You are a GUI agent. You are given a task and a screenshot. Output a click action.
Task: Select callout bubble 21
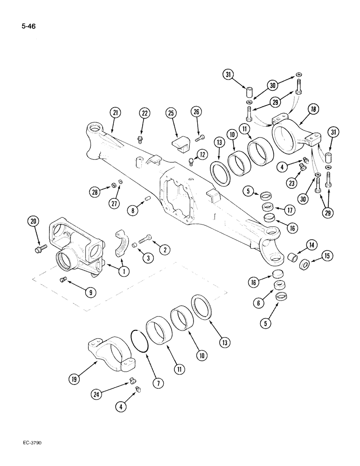pyautogui.click(x=115, y=112)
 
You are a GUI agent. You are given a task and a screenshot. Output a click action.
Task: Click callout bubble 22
pyautogui.click(x=145, y=112)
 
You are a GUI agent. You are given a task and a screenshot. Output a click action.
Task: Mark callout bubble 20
pyautogui.click(x=33, y=221)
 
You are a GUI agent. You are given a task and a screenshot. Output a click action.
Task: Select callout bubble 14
pyautogui.click(x=311, y=244)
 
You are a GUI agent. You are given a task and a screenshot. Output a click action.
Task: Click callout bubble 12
pyautogui.click(x=201, y=155)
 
